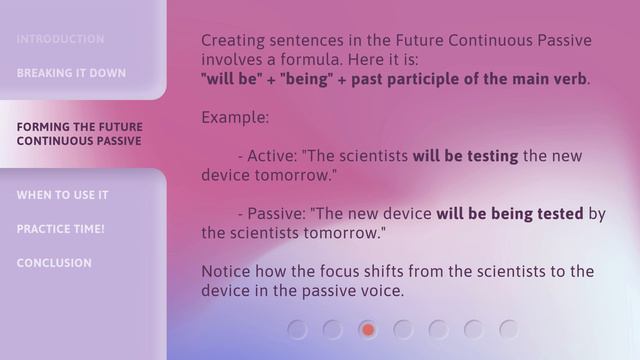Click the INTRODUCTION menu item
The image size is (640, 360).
[60, 39]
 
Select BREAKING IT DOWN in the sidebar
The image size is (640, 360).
[71, 73]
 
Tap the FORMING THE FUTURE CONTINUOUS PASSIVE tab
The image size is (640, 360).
[79, 134]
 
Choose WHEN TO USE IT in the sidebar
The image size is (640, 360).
[62, 195]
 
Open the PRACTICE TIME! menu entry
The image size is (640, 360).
[60, 229]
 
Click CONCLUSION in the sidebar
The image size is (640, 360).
[54, 263]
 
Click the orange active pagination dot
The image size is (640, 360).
[368, 329]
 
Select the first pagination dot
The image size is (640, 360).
[297, 329]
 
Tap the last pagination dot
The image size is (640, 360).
[509, 329]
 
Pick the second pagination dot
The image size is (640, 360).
[333, 329]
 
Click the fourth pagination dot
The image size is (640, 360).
[403, 329]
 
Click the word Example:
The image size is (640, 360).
[235, 117]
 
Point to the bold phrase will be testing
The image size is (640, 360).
[465, 156]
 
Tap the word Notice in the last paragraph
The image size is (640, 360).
[227, 272]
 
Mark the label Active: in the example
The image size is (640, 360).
[272, 156]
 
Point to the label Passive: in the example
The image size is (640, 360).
[277, 214]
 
